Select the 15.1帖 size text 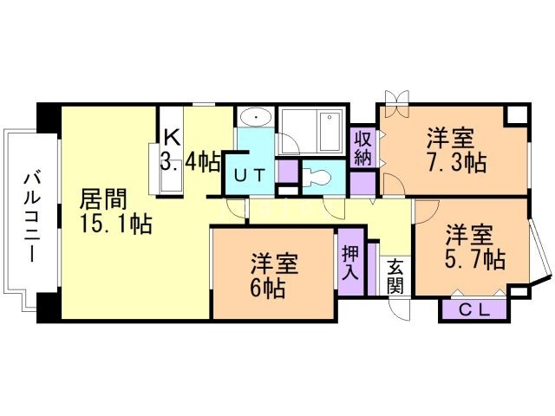(x=116, y=225)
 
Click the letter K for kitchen (x=172, y=136)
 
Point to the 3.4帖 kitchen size (x=189, y=161)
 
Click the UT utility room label (x=250, y=175)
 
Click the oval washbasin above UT (x=255, y=118)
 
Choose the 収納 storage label (x=362, y=148)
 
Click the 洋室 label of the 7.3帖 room (x=451, y=138)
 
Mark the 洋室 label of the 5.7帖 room (x=470, y=234)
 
